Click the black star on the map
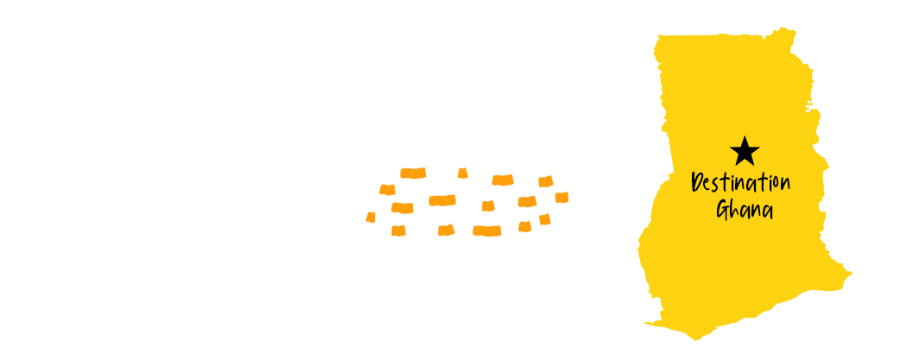745,152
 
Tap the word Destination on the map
742,184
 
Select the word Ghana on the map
744,209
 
